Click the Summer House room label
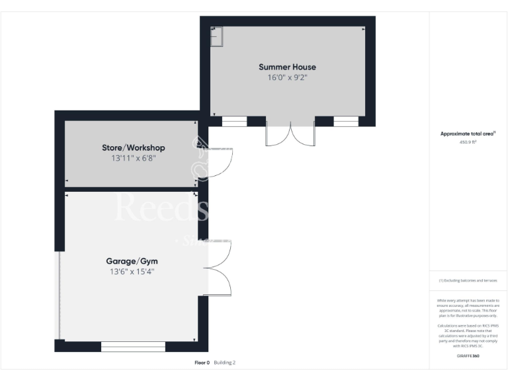[287, 67]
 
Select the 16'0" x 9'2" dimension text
[287, 77]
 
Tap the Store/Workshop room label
[133, 148]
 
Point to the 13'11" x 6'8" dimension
[133, 158]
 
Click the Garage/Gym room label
[132, 261]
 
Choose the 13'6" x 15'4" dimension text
[132, 271]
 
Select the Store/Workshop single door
[218, 163]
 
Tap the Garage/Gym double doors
[218, 267]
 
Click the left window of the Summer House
[234, 121]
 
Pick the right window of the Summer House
[346, 121]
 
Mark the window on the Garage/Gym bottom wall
[133, 346]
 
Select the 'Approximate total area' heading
[468, 134]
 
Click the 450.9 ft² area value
[468, 142]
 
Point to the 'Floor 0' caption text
[202, 362]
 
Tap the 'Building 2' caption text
[225, 362]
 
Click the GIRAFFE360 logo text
[468, 357]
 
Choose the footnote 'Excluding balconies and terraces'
[468, 280]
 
